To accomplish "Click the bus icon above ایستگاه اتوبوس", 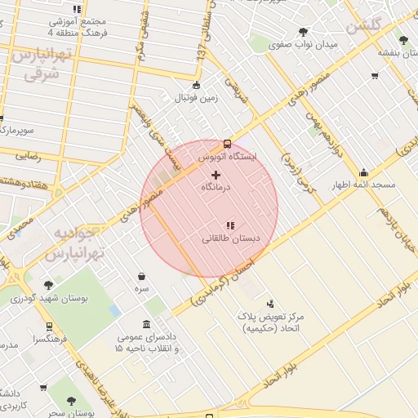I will tap(227, 143).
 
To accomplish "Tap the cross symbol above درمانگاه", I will tap(216, 175).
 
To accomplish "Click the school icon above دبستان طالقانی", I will tap(231, 225).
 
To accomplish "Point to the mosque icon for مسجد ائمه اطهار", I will tap(363, 172).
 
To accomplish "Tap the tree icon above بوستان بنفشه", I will tap(402, 39).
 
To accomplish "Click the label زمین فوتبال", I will tap(195, 98).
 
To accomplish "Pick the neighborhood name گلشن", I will tap(364, 26).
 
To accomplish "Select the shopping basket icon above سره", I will tap(142, 276).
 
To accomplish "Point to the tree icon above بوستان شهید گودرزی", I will tap(48, 285).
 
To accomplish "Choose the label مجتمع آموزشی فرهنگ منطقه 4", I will tap(78, 28).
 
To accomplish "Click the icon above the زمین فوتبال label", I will tap(195, 85).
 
